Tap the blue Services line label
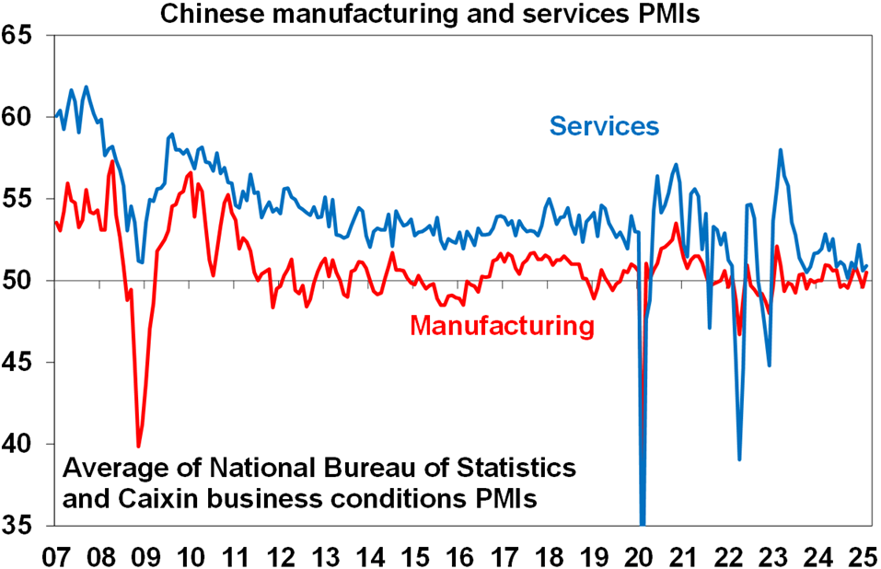(x=604, y=125)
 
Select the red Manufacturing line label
(x=499, y=325)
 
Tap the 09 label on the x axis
(x=145, y=555)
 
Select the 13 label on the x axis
(x=326, y=555)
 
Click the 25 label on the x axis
(x=865, y=555)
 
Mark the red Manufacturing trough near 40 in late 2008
(x=139, y=446)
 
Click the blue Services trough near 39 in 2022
(x=739, y=459)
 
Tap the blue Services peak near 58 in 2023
(x=781, y=150)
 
